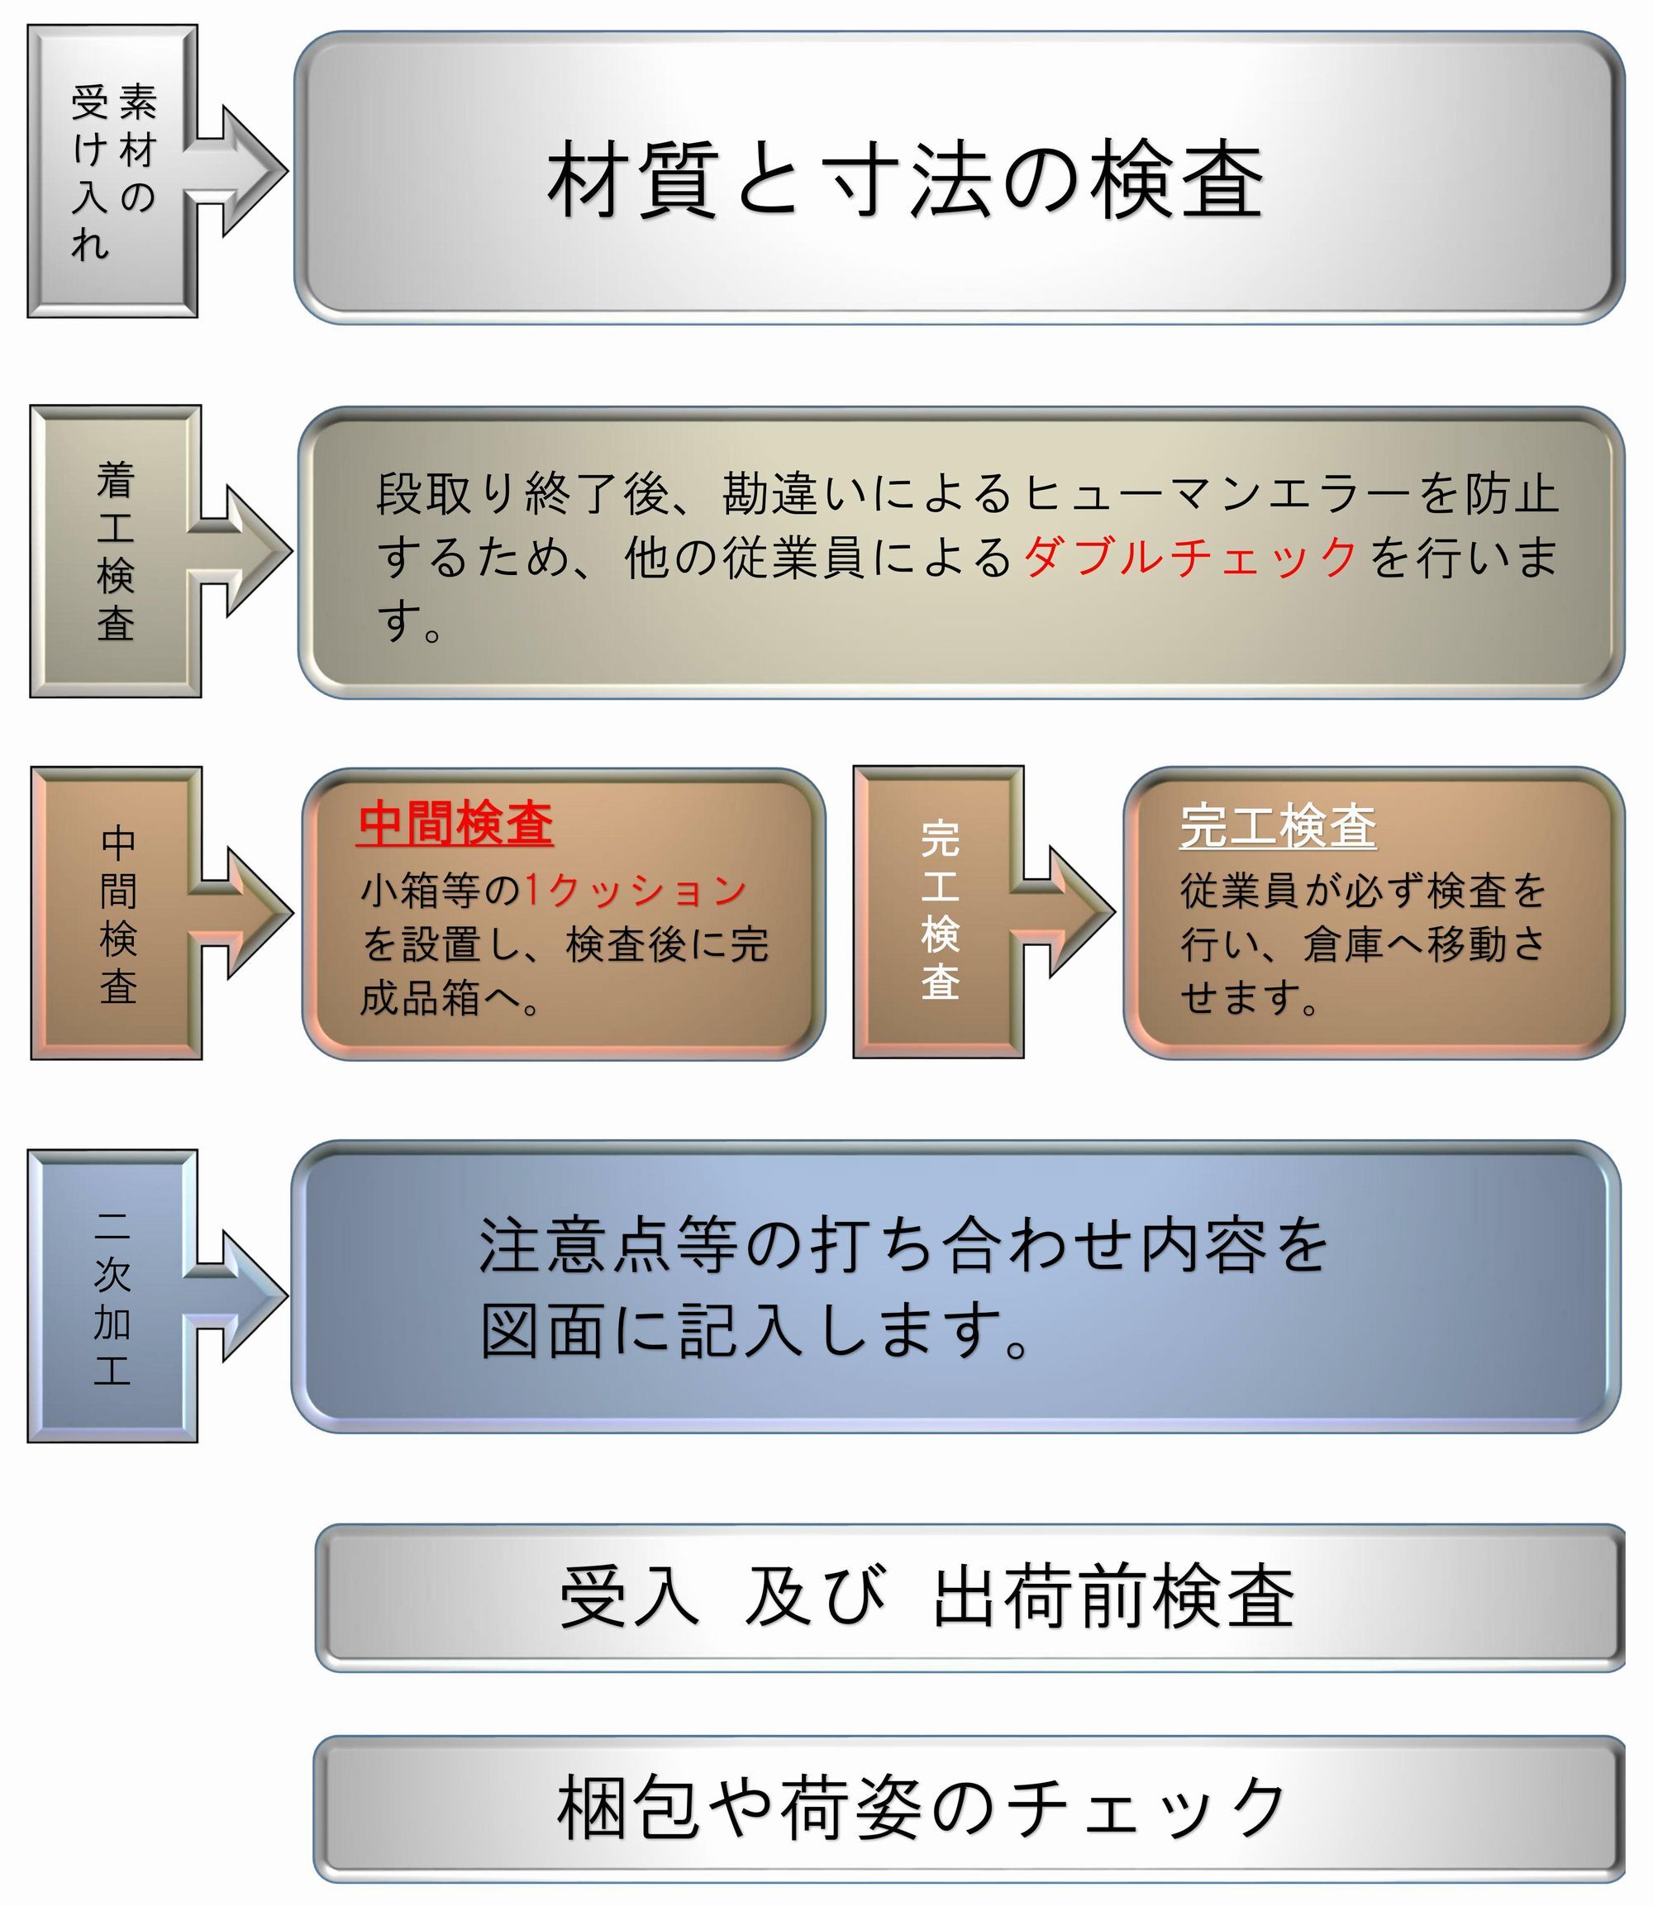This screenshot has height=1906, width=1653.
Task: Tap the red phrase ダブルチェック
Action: pos(1190,557)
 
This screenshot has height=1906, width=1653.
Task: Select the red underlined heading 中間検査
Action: pos(455,824)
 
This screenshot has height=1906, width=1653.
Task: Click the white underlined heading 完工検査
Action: pos(1278,826)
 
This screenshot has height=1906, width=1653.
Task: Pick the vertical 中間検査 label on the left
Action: pos(118,914)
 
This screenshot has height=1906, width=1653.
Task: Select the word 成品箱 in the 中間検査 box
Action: pos(421,999)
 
